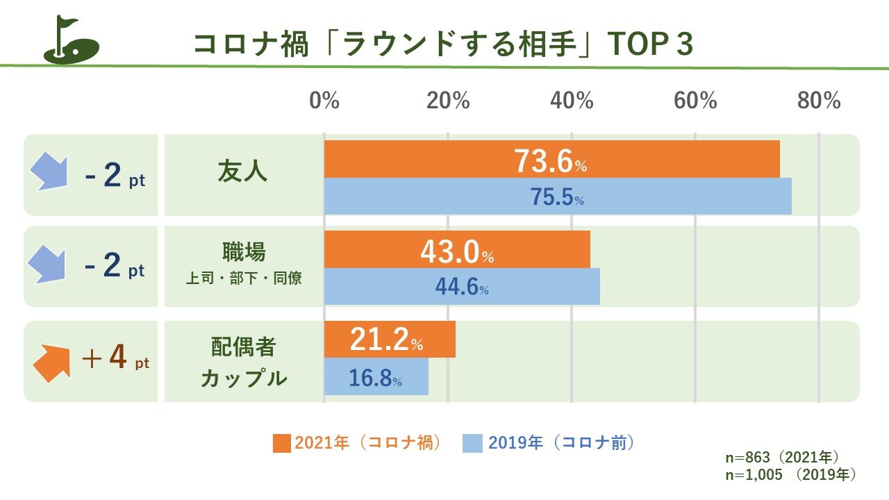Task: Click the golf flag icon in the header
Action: click(72, 40)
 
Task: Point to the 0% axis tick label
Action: click(324, 101)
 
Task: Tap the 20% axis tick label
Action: click(448, 101)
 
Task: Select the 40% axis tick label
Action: click(572, 101)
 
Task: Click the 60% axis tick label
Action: click(695, 101)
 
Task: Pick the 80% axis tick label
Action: click(819, 101)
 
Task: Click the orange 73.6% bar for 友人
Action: click(551, 159)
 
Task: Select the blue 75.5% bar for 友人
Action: click(558, 197)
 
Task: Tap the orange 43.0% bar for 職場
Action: click(457, 249)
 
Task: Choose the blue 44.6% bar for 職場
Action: click(462, 286)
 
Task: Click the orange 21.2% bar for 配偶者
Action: click(390, 339)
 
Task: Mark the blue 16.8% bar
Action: click(376, 376)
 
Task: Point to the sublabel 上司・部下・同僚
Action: click(244, 279)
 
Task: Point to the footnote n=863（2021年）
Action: click(782, 458)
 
